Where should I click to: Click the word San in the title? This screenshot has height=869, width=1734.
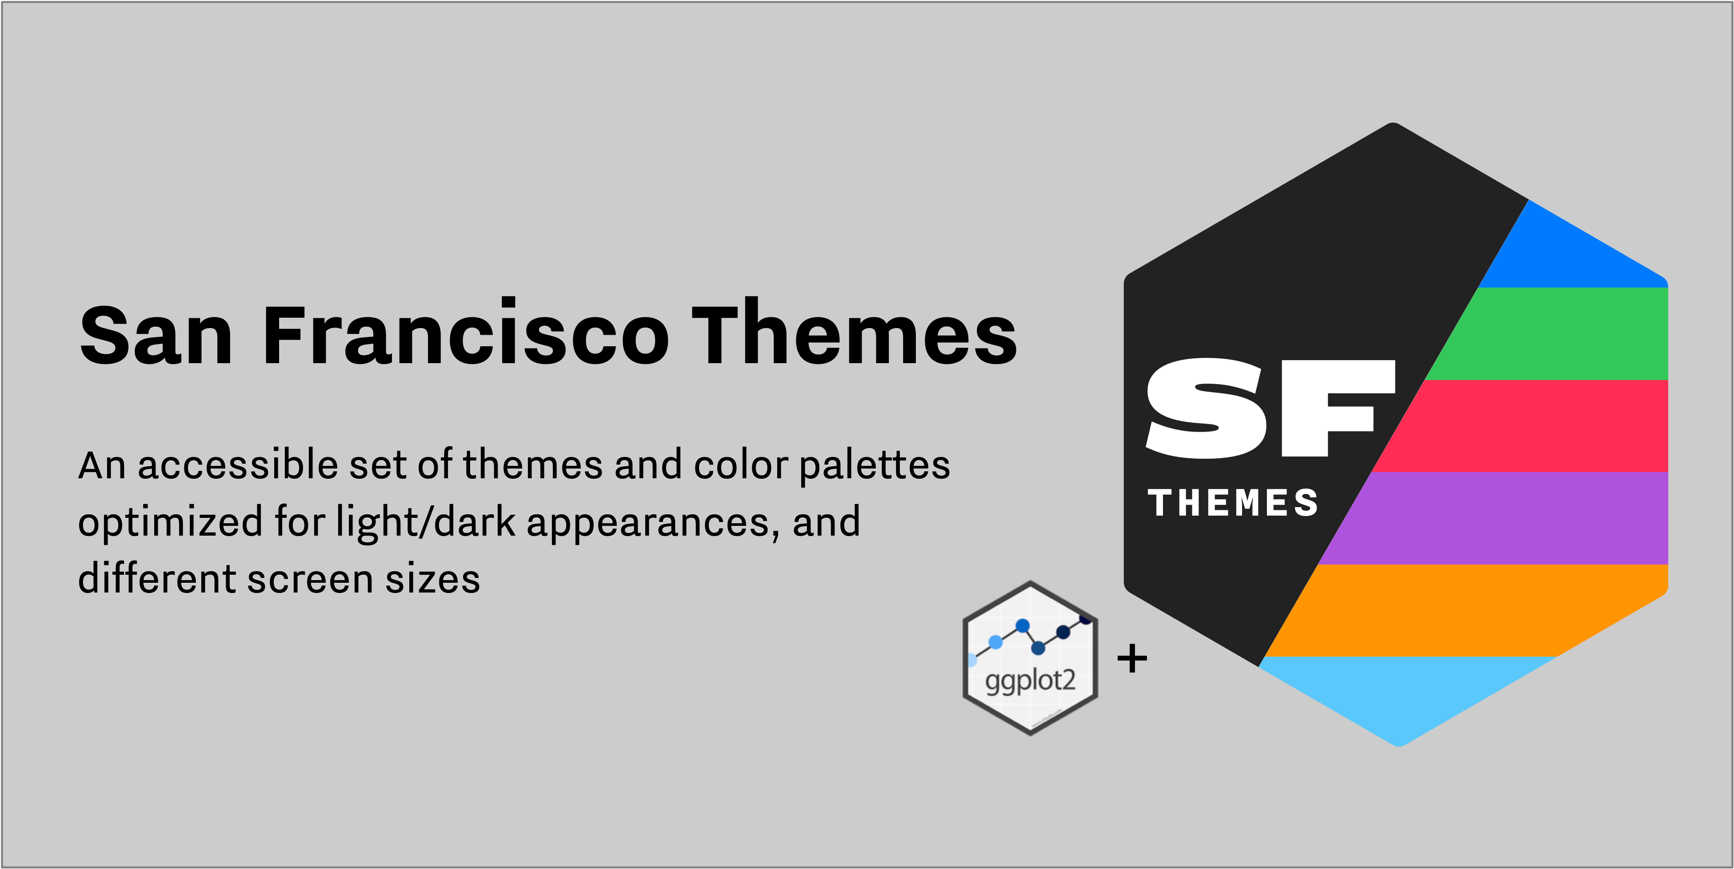tap(156, 335)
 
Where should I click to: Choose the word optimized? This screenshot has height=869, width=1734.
tap(170, 522)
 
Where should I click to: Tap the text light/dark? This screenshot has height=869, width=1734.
tap(425, 522)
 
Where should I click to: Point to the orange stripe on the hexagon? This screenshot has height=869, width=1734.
tap(1467, 610)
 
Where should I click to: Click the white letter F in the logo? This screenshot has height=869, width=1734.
tap(1336, 408)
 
